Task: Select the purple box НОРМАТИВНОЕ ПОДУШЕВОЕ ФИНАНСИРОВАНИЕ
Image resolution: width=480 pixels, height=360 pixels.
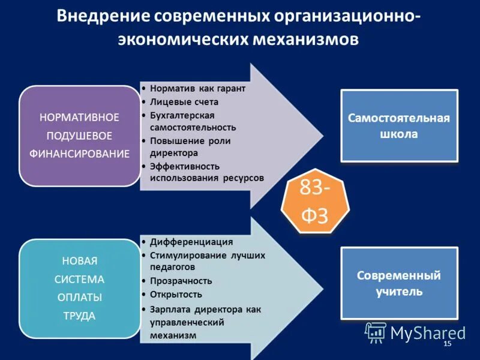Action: [x=80, y=136]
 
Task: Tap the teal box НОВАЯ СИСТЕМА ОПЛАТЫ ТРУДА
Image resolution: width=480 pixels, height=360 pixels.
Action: [x=80, y=288]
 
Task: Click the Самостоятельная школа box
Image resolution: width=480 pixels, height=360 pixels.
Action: [x=399, y=126]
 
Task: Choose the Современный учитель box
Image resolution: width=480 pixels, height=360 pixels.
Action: [x=399, y=284]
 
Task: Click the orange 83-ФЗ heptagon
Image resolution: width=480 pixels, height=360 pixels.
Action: [x=314, y=203]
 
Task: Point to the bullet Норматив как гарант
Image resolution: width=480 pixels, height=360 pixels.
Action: [x=197, y=88]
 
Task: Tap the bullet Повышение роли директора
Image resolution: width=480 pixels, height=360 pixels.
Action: [x=190, y=147]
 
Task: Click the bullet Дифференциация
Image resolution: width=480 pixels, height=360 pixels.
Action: [x=191, y=242]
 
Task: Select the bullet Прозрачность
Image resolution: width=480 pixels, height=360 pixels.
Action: [x=181, y=281]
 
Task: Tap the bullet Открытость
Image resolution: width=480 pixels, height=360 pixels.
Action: [x=176, y=295]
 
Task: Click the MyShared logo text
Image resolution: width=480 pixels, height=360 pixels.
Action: [x=428, y=333]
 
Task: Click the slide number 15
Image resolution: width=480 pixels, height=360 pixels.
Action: [x=446, y=344]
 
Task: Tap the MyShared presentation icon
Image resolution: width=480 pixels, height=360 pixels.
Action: [x=376, y=332]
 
